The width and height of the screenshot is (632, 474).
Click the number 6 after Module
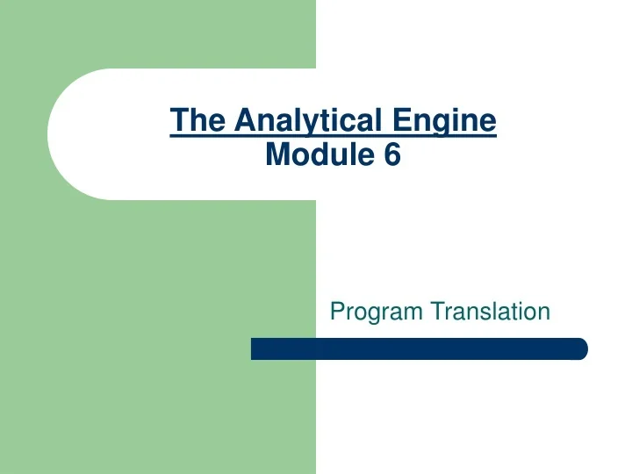(391, 154)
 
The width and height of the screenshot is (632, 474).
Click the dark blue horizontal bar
(419, 348)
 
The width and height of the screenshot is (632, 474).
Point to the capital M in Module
(276, 154)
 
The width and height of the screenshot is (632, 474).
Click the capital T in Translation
(435, 310)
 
